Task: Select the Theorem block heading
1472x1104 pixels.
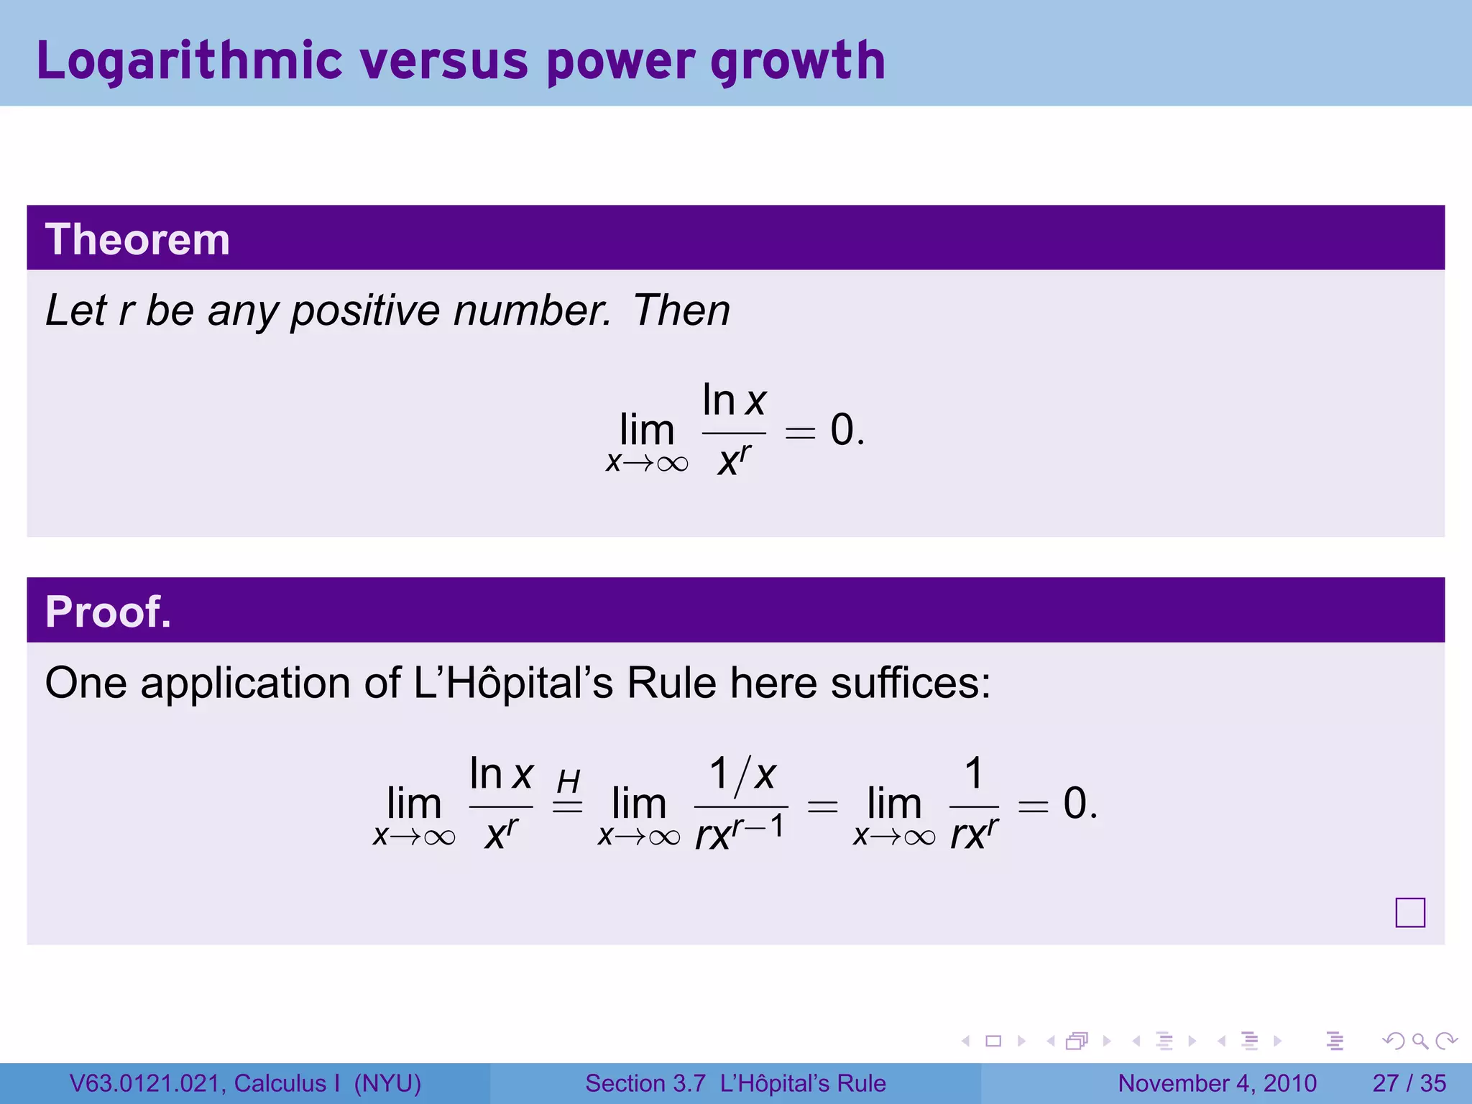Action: (137, 239)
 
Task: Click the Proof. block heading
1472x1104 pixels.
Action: (109, 612)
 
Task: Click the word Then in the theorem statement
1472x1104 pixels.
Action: (681, 310)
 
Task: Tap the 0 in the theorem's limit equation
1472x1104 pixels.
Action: (842, 430)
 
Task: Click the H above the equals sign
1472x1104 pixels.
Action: (568, 781)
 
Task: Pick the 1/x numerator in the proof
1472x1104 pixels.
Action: (742, 774)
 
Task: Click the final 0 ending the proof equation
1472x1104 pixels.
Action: (1075, 803)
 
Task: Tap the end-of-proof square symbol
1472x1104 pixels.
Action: (1409, 913)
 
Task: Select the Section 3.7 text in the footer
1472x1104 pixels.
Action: (645, 1083)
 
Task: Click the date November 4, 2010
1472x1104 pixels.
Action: (1217, 1083)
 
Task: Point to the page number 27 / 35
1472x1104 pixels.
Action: (1409, 1083)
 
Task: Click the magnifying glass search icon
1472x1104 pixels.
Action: (1420, 1041)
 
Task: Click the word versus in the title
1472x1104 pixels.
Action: (444, 61)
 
